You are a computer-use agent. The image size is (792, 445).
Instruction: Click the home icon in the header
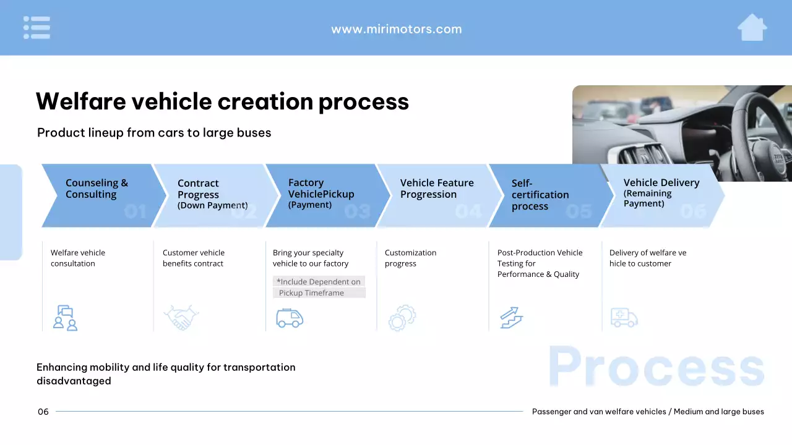[x=752, y=28]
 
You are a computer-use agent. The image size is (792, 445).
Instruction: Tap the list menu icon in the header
[x=37, y=28]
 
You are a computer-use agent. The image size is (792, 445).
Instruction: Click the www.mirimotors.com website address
[x=397, y=29]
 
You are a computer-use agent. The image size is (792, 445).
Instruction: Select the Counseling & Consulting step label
[x=97, y=189]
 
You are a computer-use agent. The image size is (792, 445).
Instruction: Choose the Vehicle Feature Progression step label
[x=437, y=189]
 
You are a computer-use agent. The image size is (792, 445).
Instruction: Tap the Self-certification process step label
[x=540, y=194]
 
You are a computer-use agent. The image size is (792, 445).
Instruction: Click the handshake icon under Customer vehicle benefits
[x=181, y=317]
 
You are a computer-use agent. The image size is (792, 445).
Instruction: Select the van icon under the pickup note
[x=290, y=318]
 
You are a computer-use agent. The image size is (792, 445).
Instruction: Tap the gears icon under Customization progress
[x=402, y=318]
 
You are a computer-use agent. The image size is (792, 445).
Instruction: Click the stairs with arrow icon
[x=512, y=318]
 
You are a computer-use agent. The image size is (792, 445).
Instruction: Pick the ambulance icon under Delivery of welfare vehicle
[x=624, y=317]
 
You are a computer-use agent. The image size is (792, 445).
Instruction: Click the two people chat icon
[x=65, y=318]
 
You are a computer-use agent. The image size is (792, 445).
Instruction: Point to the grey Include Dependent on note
[x=319, y=287]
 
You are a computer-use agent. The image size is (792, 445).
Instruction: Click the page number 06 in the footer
[x=43, y=412]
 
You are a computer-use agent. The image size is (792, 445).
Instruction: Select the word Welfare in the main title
[x=81, y=101]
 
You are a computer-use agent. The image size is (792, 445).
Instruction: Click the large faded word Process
[x=656, y=367]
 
